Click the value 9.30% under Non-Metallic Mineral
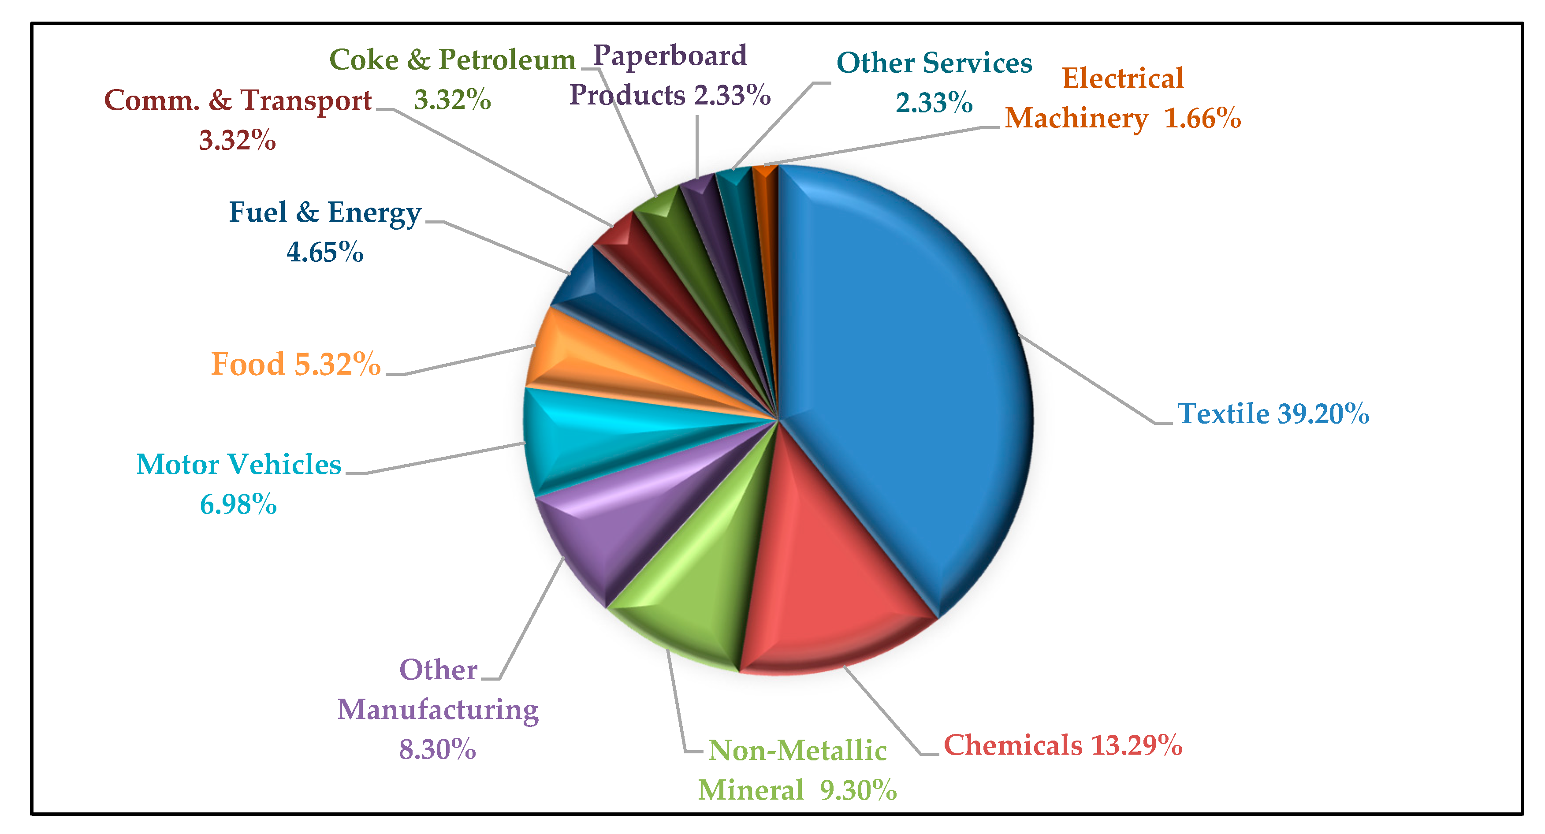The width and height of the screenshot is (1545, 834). [x=858, y=790]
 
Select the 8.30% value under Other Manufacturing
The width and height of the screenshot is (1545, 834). [x=437, y=749]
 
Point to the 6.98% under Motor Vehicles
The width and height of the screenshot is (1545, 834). [x=238, y=504]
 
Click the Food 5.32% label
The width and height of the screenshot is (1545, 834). [x=296, y=364]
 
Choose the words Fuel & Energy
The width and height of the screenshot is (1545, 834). [x=325, y=212]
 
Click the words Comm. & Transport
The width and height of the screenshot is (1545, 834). [x=238, y=100]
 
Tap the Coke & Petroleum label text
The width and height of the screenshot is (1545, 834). [x=452, y=60]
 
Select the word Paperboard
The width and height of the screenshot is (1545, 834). [x=670, y=55]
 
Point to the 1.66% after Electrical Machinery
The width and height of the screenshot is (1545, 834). [x=1202, y=118]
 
